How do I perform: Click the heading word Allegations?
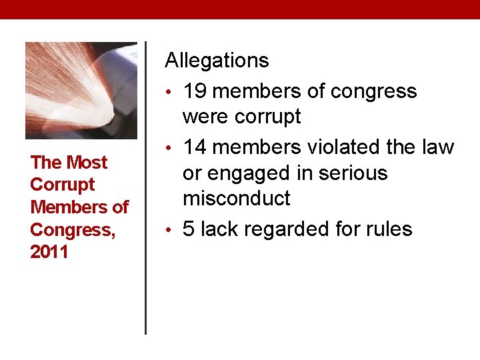pyautogui.click(x=217, y=61)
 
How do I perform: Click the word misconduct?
pyautogui.click(x=237, y=199)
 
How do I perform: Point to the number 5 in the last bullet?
pyautogui.click(x=189, y=229)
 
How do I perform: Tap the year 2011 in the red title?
pyautogui.click(x=49, y=253)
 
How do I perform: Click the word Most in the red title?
pyautogui.click(x=86, y=163)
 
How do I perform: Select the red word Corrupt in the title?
pyautogui.click(x=63, y=185)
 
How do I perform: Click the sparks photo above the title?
pyautogui.click(x=81, y=91)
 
